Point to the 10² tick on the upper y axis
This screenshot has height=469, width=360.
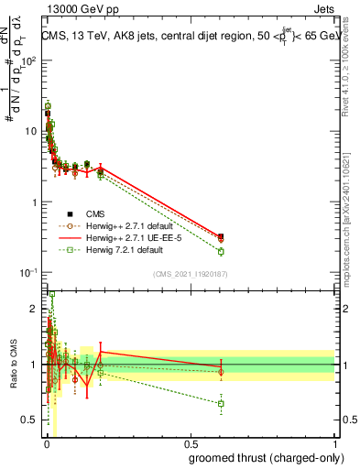click(x=31, y=60)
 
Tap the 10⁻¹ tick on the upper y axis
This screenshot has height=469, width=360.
click(x=31, y=273)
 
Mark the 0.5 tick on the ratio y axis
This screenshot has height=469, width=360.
click(x=31, y=420)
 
